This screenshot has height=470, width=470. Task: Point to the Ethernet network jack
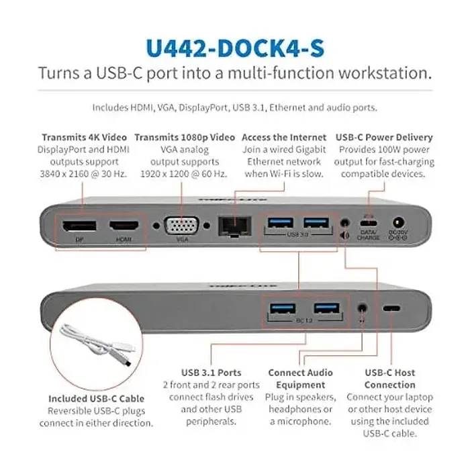click(230, 226)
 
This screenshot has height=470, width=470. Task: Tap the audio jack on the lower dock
click(364, 308)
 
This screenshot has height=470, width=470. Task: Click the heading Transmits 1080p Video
click(181, 137)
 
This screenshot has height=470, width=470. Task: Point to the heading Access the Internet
click(284, 137)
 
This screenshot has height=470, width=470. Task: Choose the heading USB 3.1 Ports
click(211, 373)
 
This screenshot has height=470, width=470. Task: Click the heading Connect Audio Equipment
click(301, 379)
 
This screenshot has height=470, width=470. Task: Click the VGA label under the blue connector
click(181, 239)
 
